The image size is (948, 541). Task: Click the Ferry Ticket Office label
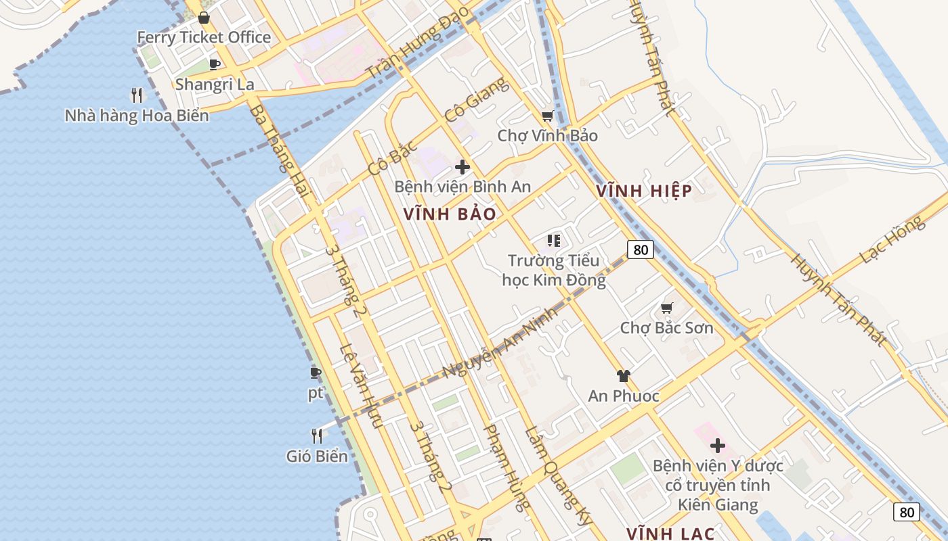(204, 37)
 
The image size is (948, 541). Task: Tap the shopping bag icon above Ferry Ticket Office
(203, 17)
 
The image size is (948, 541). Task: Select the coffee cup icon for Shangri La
(215, 64)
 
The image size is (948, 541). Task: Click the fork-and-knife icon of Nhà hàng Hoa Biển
(137, 95)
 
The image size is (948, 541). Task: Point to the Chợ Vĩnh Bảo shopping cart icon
(548, 116)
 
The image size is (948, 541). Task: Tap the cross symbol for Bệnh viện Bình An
(462, 166)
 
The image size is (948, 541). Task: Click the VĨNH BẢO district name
(450, 214)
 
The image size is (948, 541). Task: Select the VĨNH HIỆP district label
(644, 191)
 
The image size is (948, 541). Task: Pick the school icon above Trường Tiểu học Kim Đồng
(554, 240)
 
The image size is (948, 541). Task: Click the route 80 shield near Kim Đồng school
(640, 250)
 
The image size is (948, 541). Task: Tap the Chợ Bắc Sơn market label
(666, 328)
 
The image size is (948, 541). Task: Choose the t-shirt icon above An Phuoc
(623, 376)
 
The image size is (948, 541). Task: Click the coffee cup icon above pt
(316, 373)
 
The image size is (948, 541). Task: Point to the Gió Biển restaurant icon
(316, 436)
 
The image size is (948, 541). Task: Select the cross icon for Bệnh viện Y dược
(717, 446)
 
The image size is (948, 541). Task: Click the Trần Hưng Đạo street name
(418, 43)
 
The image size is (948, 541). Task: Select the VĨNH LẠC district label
(670, 534)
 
